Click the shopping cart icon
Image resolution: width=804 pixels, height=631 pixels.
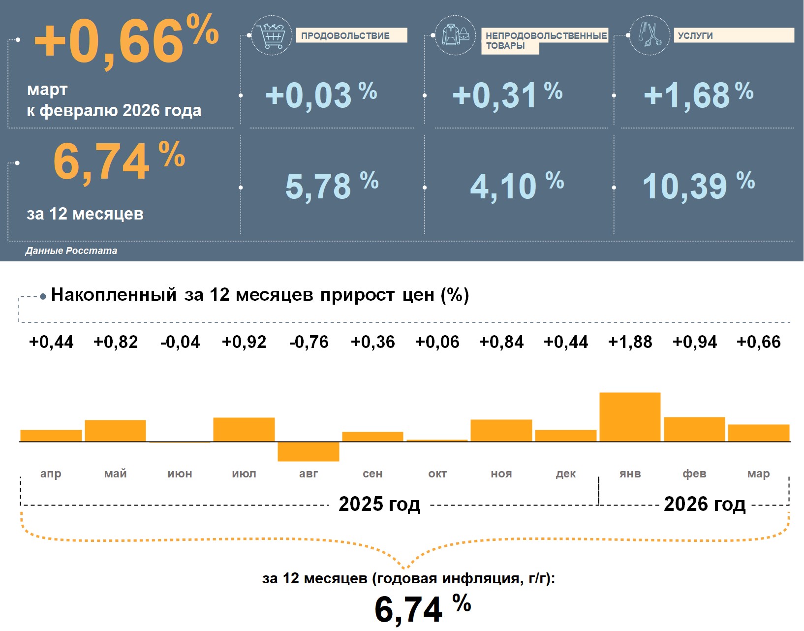pyautogui.click(x=271, y=35)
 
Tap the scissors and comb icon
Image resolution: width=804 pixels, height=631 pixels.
pyautogui.click(x=649, y=35)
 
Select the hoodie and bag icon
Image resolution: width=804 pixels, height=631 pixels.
pyautogui.click(x=455, y=35)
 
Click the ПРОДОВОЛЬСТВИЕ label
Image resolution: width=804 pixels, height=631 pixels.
pyautogui.click(x=351, y=35)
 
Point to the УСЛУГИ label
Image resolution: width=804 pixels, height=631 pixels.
pyautogui.click(x=733, y=35)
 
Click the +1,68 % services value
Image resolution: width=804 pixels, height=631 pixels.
pyautogui.click(x=698, y=95)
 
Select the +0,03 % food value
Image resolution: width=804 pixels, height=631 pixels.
pyautogui.click(x=321, y=95)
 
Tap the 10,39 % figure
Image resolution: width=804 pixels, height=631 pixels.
pyautogui.click(x=698, y=186)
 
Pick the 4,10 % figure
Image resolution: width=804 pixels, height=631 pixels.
pyautogui.click(x=517, y=186)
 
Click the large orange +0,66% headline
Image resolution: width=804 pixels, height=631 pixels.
pyautogui.click(x=126, y=40)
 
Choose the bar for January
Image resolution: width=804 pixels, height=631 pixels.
pyautogui.click(x=630, y=417)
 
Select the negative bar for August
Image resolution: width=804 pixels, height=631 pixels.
pyautogui.click(x=309, y=451)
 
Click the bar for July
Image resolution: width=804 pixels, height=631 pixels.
pyautogui.click(x=244, y=429)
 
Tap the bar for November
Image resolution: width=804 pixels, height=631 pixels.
pyautogui.click(x=501, y=430)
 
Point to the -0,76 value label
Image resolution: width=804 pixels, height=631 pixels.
pyautogui.click(x=309, y=342)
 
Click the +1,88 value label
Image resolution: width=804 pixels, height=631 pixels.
pyautogui.click(x=630, y=342)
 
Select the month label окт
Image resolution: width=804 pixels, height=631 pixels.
pyautogui.click(x=437, y=473)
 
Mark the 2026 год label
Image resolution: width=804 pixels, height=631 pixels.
pyautogui.click(x=705, y=504)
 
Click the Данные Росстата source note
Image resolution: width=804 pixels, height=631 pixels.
pyautogui.click(x=71, y=251)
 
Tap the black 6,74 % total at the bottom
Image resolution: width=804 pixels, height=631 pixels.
pyautogui.click(x=422, y=608)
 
